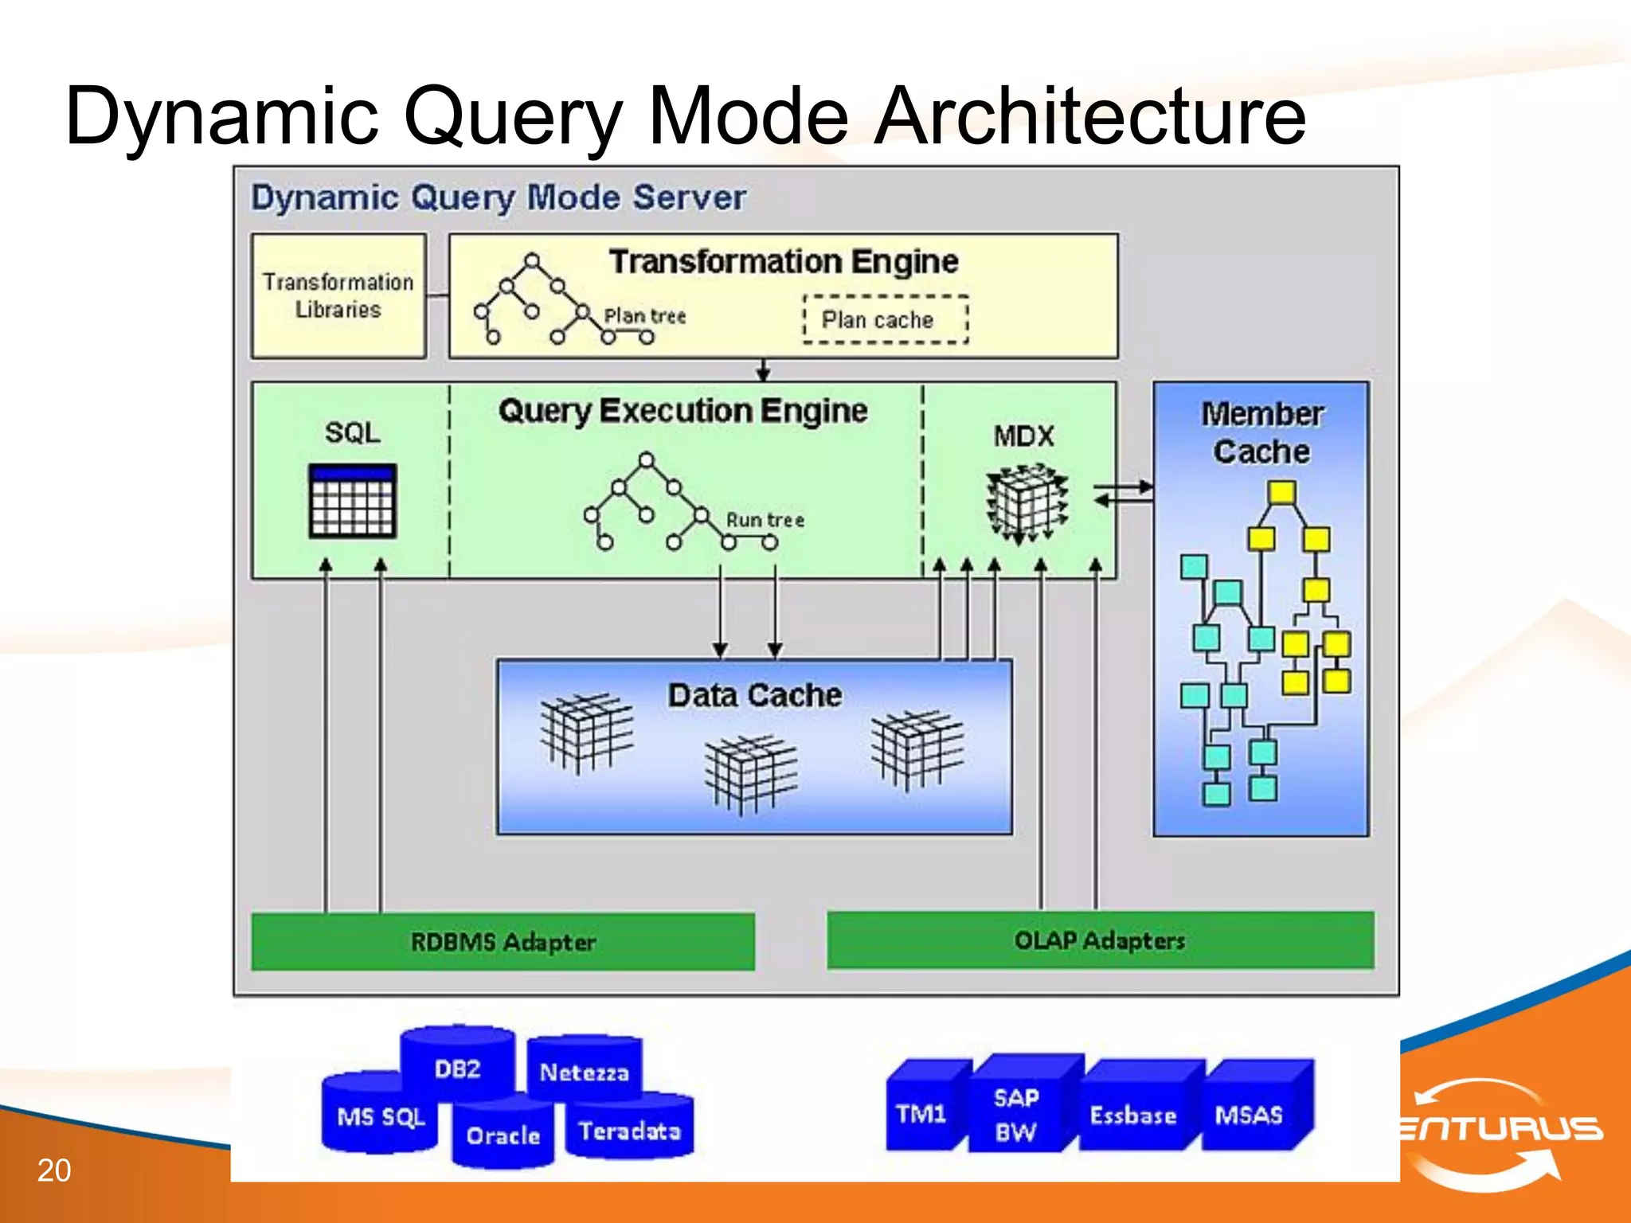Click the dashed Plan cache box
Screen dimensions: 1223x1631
[886, 319]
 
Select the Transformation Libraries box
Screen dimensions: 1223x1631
[338, 295]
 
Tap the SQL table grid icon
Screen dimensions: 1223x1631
[352, 501]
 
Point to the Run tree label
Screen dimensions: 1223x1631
[765, 520]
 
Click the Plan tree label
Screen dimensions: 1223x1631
[644, 316]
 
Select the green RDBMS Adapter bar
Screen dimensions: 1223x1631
[503, 942]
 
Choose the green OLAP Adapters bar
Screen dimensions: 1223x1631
[1100, 940]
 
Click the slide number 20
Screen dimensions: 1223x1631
[54, 1170]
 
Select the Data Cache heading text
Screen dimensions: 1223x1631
[754, 695]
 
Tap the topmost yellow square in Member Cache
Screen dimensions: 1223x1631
[1281, 492]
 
